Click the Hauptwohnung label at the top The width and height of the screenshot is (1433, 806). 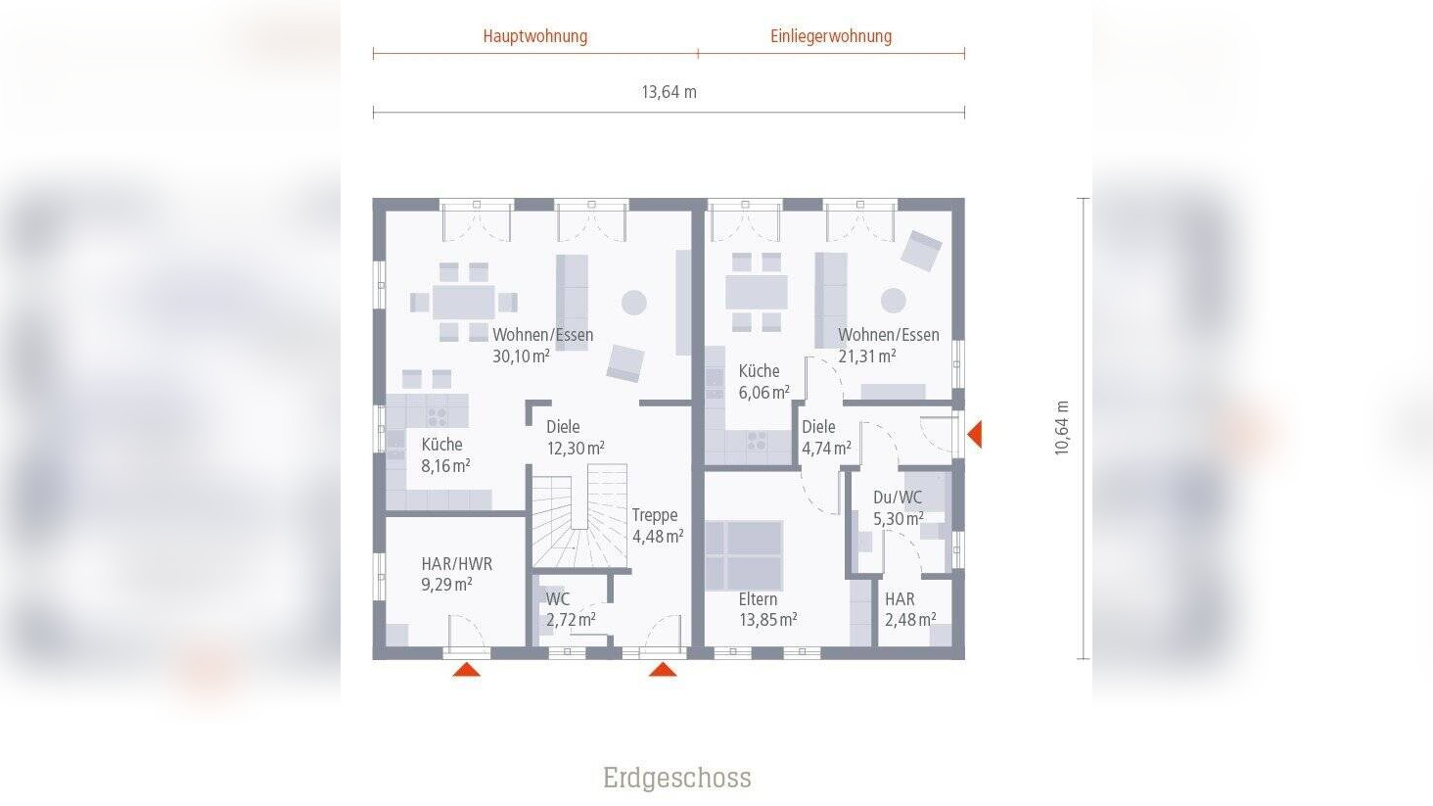tap(534, 36)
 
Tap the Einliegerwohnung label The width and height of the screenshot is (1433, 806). tap(831, 36)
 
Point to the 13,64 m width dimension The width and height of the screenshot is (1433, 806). tap(669, 92)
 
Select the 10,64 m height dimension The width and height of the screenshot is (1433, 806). tap(1062, 428)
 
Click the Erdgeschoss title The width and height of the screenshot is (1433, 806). tap(677, 778)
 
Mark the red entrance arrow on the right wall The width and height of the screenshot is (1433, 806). tap(974, 433)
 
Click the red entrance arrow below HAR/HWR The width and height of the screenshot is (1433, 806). tap(466, 670)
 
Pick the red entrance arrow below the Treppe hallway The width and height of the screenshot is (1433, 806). tap(663, 670)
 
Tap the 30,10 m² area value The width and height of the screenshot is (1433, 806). tap(521, 356)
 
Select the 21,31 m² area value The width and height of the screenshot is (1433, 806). tap(866, 356)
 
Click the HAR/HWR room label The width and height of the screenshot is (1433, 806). tap(456, 564)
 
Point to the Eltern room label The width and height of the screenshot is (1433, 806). tap(758, 599)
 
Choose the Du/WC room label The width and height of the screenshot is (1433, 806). tap(897, 498)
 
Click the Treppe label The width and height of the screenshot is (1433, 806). tap(654, 515)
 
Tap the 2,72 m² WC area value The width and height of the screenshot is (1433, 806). tap(571, 620)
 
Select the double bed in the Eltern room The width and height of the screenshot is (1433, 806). tap(744, 554)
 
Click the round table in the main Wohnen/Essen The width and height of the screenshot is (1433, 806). tap(634, 302)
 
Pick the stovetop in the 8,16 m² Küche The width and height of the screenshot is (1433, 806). tap(437, 416)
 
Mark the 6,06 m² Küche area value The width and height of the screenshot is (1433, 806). tap(763, 393)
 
